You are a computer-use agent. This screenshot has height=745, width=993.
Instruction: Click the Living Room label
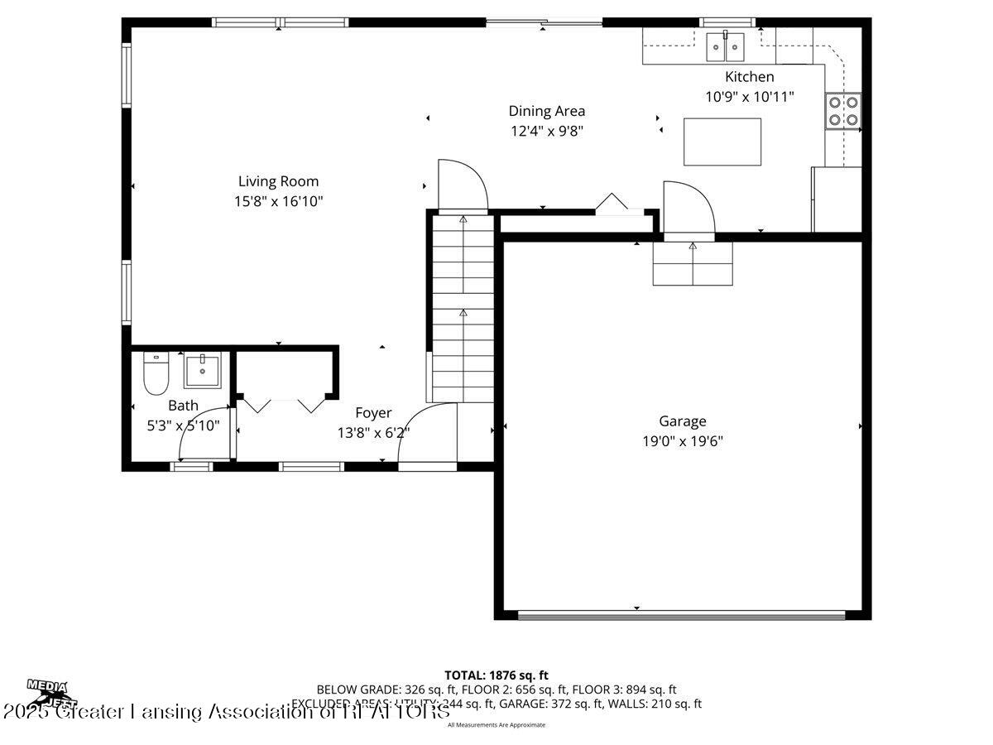tap(278, 181)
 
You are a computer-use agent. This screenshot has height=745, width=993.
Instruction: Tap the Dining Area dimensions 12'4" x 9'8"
tap(546, 130)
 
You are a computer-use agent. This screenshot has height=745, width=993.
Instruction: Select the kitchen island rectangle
tap(722, 142)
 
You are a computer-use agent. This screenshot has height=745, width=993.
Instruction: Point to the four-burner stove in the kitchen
tap(843, 111)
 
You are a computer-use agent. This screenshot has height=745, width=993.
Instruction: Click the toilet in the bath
tap(156, 373)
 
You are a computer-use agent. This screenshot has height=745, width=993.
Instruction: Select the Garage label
tap(683, 421)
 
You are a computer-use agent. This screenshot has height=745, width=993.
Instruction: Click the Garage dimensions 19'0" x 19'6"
tap(683, 441)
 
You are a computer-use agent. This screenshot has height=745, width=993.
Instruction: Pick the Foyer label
tap(373, 413)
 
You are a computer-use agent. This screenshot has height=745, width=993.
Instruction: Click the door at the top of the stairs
tap(462, 185)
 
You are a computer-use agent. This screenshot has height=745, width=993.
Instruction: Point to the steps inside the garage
tap(693, 264)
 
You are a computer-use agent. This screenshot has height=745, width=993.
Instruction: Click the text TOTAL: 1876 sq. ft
tap(496, 675)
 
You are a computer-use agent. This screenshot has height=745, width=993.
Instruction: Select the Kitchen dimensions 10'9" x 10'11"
tap(750, 96)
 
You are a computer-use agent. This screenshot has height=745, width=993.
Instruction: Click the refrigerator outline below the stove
tap(837, 199)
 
